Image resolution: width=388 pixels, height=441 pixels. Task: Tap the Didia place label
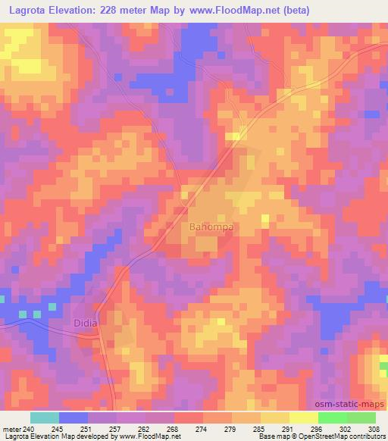pos(86,322)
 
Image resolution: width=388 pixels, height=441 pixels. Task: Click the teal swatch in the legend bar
pos(45,418)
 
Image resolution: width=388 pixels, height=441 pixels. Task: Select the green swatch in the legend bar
pos(347,418)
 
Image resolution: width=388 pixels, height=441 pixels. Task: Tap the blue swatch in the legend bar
pos(74,418)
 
